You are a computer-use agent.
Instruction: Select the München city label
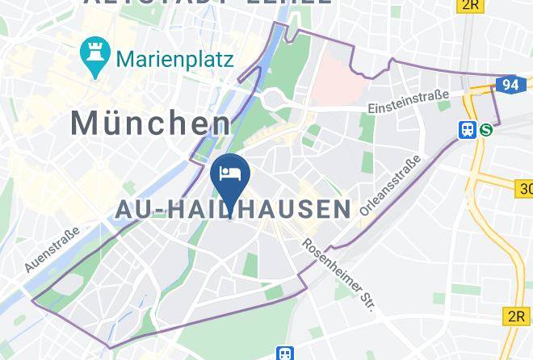(x=150, y=123)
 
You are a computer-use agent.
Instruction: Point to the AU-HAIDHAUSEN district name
(x=233, y=209)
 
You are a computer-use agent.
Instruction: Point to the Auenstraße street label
(x=53, y=248)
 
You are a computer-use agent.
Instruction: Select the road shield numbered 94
(x=510, y=83)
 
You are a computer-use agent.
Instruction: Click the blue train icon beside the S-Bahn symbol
(x=467, y=129)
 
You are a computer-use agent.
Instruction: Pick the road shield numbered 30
(x=523, y=189)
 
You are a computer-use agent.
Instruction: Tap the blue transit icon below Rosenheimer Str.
(x=284, y=354)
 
